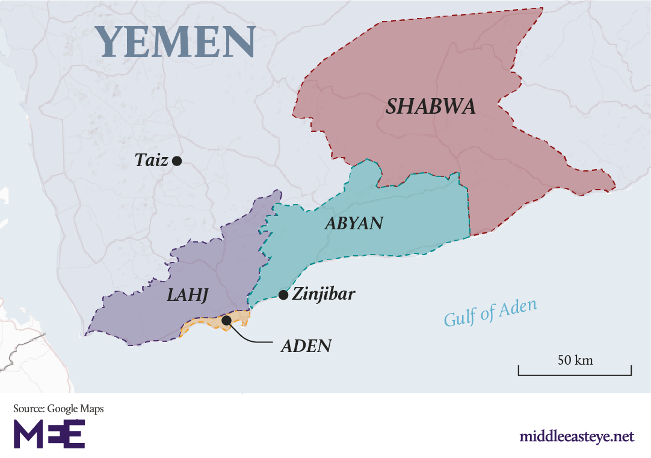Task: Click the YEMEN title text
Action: pos(178,42)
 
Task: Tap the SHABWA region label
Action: pos(431,107)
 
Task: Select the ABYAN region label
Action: pos(354,224)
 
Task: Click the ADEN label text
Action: pos(306,347)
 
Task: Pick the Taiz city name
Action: pos(152,160)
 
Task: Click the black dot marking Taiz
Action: pos(177,161)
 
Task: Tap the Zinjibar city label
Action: pos(324,295)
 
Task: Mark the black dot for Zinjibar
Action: pos(283,295)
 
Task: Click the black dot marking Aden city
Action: pos(226,321)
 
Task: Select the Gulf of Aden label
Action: pos(490,312)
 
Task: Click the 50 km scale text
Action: pos(575,361)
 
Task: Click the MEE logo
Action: pos(49,434)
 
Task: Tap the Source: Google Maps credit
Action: pos(58,409)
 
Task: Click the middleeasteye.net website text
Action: pos(576,436)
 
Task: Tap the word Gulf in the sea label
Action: pos(458,318)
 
